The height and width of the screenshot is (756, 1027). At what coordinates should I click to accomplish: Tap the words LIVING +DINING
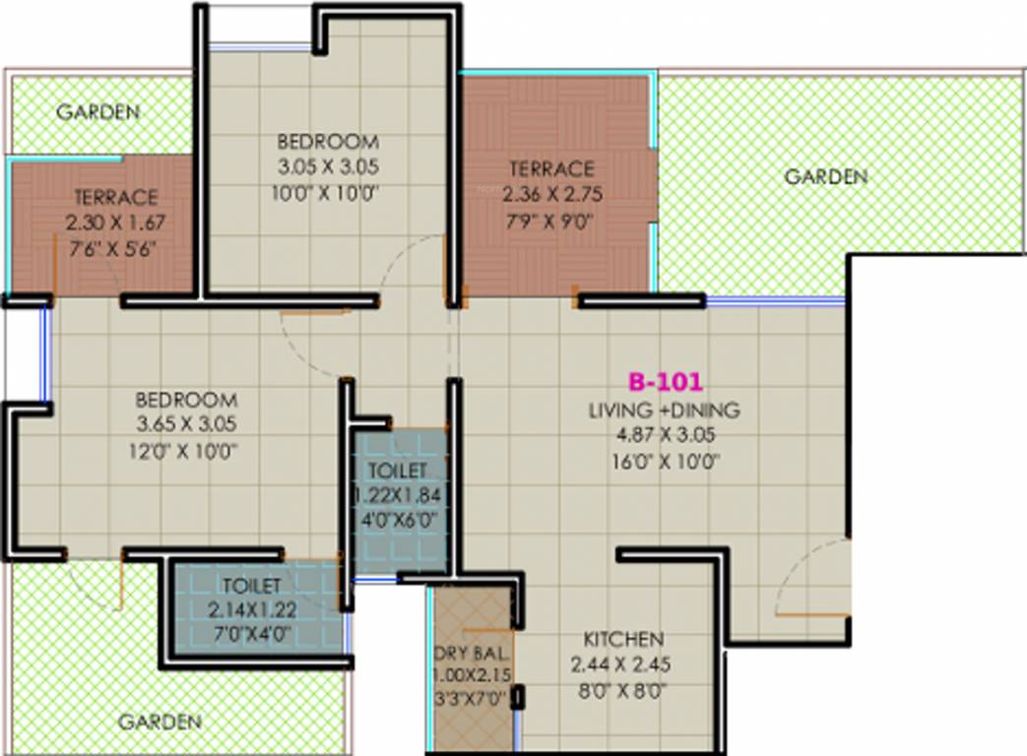click(x=665, y=410)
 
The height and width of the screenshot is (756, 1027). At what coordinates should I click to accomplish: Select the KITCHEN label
click(x=622, y=639)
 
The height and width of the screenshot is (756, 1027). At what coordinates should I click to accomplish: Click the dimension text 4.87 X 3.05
click(x=665, y=434)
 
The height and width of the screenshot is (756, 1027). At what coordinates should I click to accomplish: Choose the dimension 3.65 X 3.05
click(x=186, y=425)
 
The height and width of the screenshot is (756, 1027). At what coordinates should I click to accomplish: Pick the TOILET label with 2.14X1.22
click(x=251, y=588)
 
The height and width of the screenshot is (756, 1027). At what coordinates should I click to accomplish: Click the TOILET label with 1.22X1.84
click(x=398, y=472)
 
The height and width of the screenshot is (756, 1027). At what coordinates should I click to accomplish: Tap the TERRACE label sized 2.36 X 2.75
click(x=550, y=168)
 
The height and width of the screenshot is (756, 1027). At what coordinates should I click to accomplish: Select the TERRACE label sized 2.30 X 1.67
click(x=115, y=197)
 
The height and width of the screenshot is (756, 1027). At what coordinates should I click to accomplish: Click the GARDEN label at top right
click(x=825, y=176)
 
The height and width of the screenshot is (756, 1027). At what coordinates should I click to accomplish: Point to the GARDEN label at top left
click(x=97, y=111)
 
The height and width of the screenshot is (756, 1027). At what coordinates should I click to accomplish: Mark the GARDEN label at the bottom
click(x=160, y=722)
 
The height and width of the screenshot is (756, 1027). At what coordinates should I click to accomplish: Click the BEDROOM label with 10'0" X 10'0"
click(x=327, y=141)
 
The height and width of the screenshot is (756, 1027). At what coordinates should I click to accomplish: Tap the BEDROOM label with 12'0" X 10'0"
click(x=186, y=401)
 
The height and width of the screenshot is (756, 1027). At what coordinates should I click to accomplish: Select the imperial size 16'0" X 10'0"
click(x=665, y=459)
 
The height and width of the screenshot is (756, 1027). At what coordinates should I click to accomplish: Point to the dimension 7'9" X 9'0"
click(x=550, y=221)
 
